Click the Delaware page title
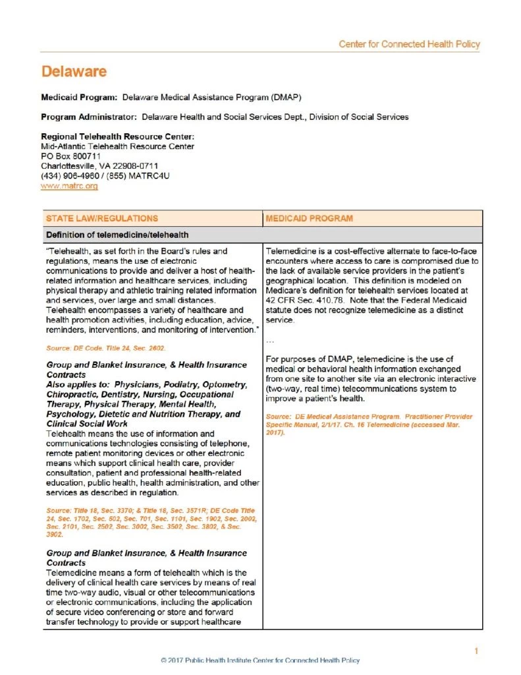coord(73,71)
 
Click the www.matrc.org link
coord(69,187)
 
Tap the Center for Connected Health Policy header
coord(409,45)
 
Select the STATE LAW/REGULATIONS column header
coord(101,218)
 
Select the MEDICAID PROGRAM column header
coord(309,218)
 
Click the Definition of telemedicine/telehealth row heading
coord(117,234)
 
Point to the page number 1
coord(476,651)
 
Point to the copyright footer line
coord(260,660)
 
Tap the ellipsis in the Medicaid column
coord(270,341)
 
